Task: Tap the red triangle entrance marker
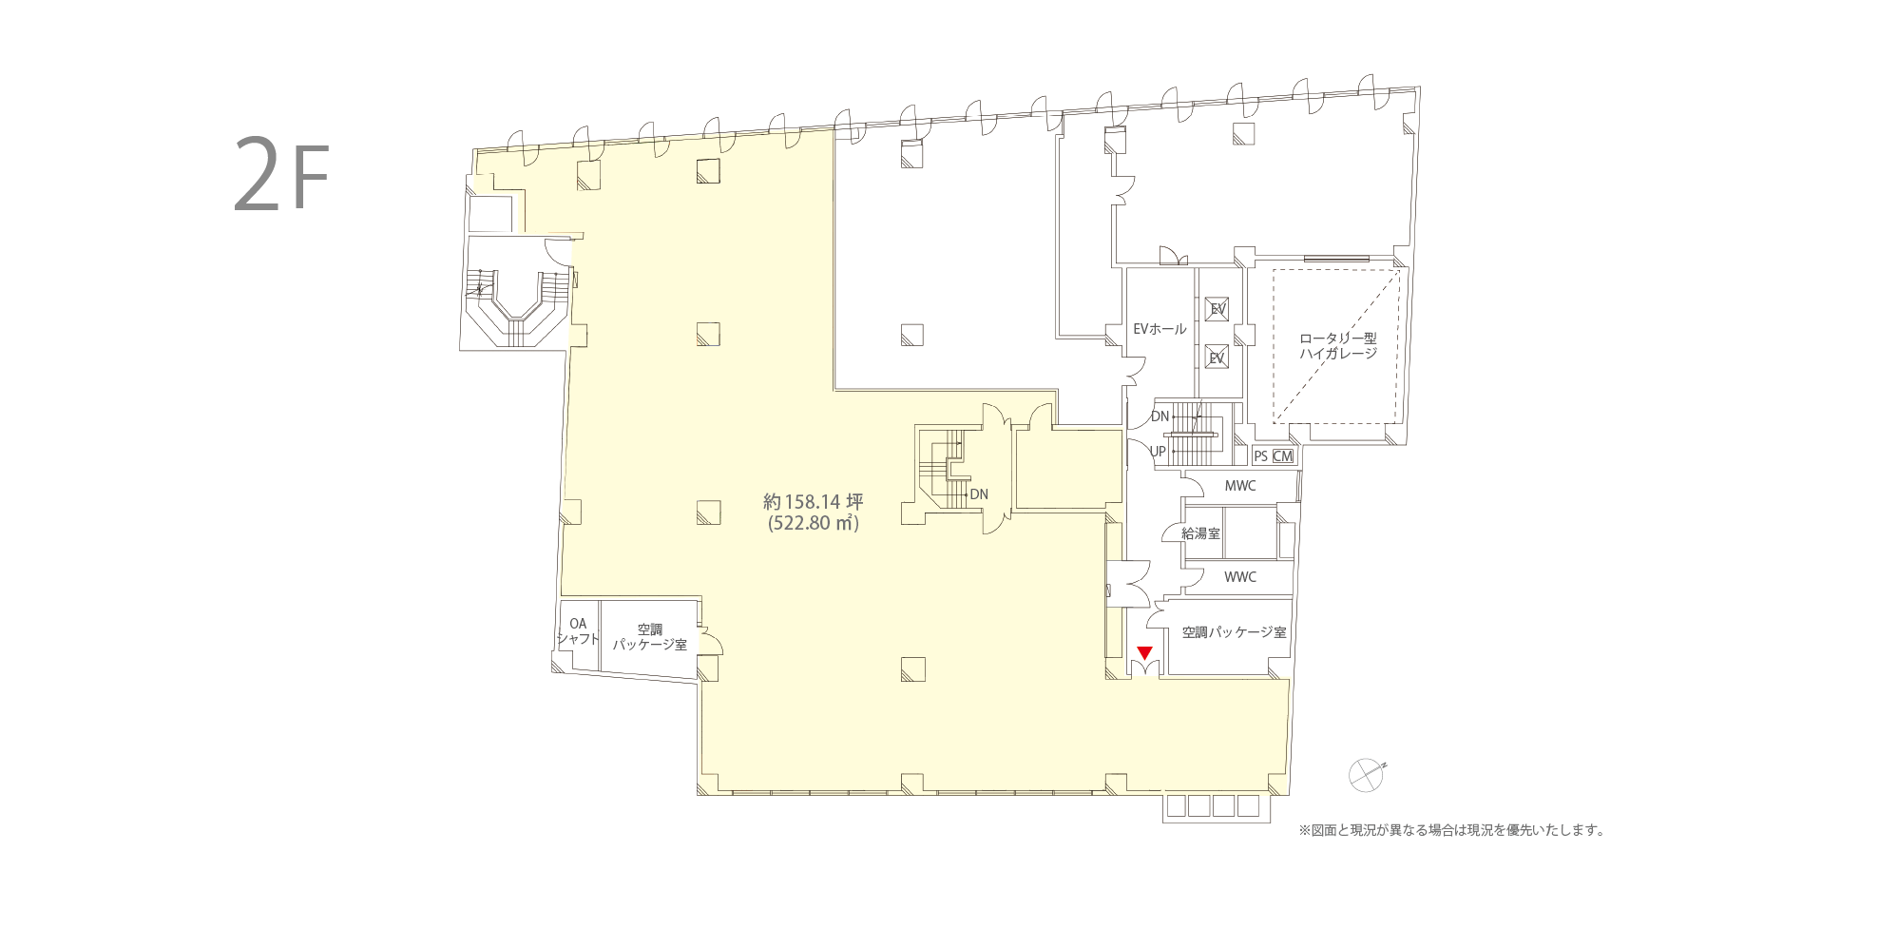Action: click(x=1145, y=652)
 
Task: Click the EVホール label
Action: click(x=1160, y=329)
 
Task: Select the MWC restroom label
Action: click(x=1239, y=486)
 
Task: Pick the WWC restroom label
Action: click(x=1239, y=577)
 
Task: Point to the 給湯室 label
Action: click(x=1201, y=533)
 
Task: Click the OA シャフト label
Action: click(x=578, y=631)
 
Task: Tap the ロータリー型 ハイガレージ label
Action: click(x=1338, y=345)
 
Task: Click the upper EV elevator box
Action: click(x=1217, y=309)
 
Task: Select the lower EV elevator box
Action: click(x=1217, y=358)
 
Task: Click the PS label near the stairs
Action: click(x=1260, y=455)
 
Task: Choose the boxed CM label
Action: click(x=1283, y=455)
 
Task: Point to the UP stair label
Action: click(x=1158, y=452)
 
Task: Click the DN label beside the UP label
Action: click(x=1160, y=416)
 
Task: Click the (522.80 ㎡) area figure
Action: click(x=814, y=523)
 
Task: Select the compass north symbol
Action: click(x=1367, y=775)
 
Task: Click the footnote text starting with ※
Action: click(x=1451, y=830)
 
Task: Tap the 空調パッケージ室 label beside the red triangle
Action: click(x=1235, y=631)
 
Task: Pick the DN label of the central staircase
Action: click(x=979, y=494)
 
